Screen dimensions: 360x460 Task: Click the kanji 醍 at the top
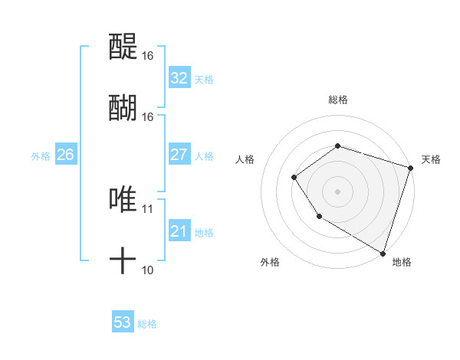(x=123, y=48)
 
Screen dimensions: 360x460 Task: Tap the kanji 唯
(x=123, y=200)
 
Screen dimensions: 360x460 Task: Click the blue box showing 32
(x=179, y=78)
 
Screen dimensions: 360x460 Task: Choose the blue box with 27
(x=179, y=155)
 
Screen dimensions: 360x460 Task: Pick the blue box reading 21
(x=179, y=231)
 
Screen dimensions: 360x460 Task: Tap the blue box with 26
(x=65, y=155)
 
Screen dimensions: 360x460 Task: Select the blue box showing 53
(x=123, y=322)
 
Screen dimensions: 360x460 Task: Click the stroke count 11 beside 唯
(x=148, y=208)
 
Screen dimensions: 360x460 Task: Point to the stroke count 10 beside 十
(x=148, y=270)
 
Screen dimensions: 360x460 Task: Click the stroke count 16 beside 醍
(x=148, y=56)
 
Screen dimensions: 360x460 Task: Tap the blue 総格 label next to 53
(x=148, y=324)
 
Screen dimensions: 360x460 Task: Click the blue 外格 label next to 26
(x=41, y=156)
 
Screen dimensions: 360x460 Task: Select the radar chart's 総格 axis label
(x=337, y=100)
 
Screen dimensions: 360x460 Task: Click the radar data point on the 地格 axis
(x=382, y=252)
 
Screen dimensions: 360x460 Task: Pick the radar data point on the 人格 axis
(x=294, y=178)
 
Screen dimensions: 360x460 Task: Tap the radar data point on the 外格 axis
(x=319, y=217)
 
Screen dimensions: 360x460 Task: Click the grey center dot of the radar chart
(x=337, y=191)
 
